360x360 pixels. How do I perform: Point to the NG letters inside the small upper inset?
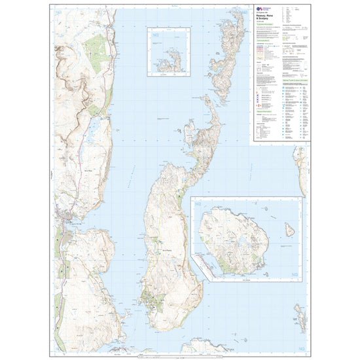tap(155, 35)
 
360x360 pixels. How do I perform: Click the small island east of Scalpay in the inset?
tap(289, 230)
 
